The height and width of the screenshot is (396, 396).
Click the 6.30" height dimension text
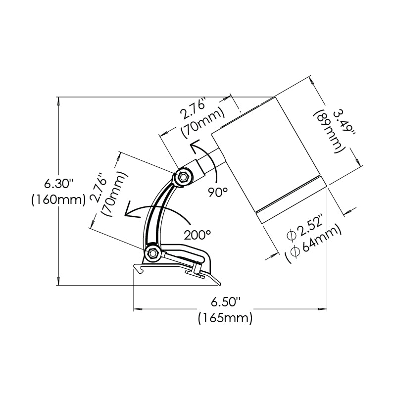click(58, 184)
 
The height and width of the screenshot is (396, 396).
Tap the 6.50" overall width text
click(225, 301)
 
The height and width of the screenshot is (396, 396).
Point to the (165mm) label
click(225, 317)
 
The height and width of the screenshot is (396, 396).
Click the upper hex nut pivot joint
click(184, 176)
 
